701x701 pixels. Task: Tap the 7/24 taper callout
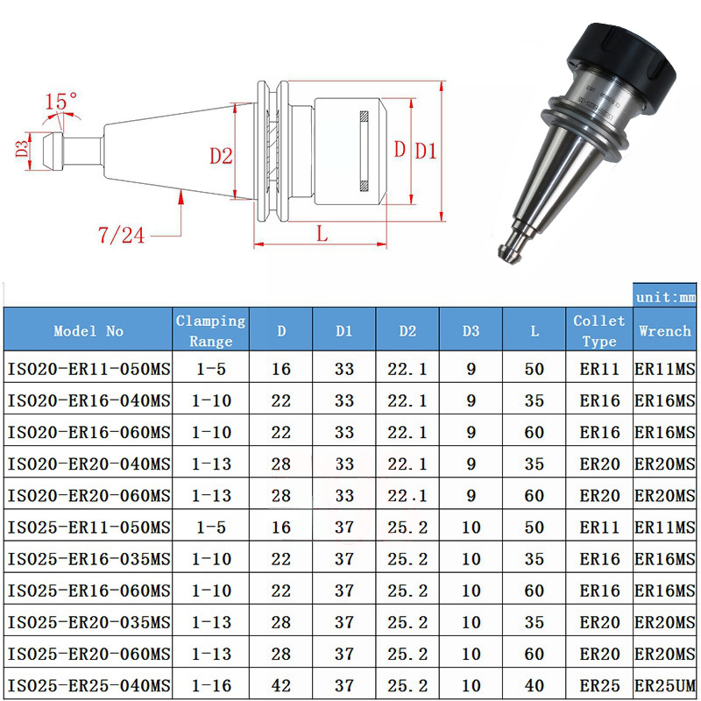[122, 234]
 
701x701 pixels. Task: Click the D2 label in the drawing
[221, 156]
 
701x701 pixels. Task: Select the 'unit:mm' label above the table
[666, 297]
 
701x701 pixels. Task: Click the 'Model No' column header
[89, 331]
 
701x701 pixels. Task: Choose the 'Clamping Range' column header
[210, 330]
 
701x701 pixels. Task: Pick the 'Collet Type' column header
[599, 330]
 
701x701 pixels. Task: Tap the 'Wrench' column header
[665, 331]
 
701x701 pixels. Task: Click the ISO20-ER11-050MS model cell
[89, 369]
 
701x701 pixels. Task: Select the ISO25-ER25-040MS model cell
[89, 684]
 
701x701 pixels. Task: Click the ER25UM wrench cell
[665, 684]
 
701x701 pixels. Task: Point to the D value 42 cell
[281, 684]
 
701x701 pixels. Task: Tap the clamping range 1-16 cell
[210, 684]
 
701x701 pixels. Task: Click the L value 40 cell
[535, 684]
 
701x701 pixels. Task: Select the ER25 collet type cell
[599, 684]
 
